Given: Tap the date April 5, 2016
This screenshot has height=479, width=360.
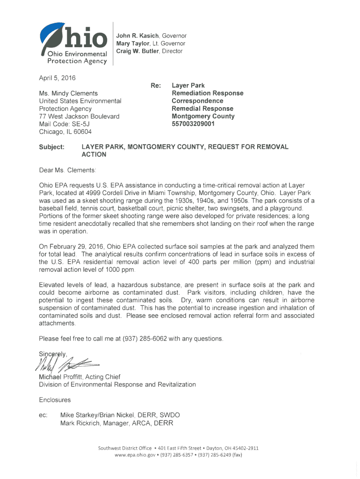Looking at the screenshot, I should tap(58, 77).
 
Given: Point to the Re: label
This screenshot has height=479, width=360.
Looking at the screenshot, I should tap(156, 86).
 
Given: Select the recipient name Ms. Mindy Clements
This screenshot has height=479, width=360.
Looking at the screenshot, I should tap(68, 93).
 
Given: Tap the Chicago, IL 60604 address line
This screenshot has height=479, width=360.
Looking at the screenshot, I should tap(65, 131).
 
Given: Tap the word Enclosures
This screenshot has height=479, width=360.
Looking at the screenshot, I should tap(55, 400).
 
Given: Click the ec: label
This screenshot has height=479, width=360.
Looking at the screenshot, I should tap(44, 415).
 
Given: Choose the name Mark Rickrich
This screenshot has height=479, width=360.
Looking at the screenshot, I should tap(82, 423).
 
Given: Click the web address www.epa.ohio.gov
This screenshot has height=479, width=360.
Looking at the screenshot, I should tap(137, 455).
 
